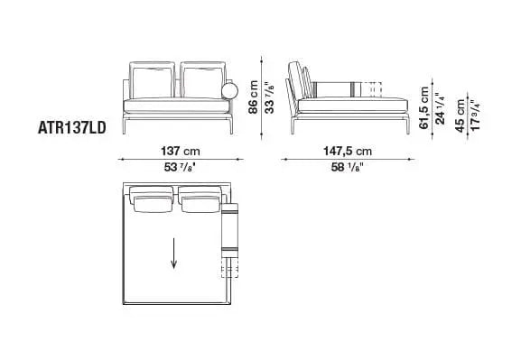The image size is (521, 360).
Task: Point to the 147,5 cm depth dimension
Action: [x=350, y=150]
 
